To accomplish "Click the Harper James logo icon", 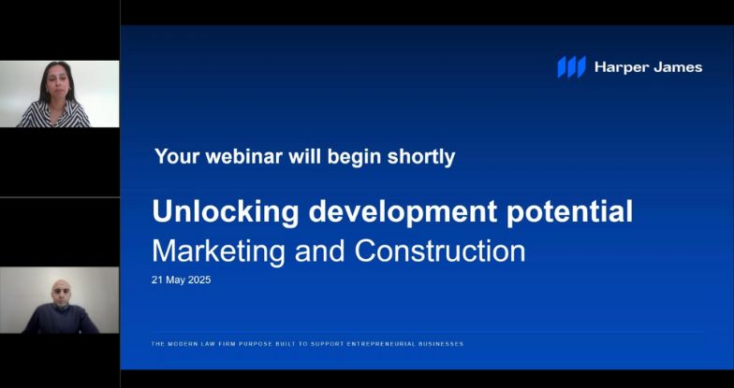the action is point(571,67).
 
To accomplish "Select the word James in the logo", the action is point(678,67).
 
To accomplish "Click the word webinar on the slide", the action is point(243,156).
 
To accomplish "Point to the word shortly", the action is point(421,157).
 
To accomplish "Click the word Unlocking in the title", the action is point(226,211).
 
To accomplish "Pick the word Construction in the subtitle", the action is point(440,251).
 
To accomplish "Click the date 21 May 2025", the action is point(182,280).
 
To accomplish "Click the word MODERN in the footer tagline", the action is point(177,344).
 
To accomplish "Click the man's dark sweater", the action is point(60,319).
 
